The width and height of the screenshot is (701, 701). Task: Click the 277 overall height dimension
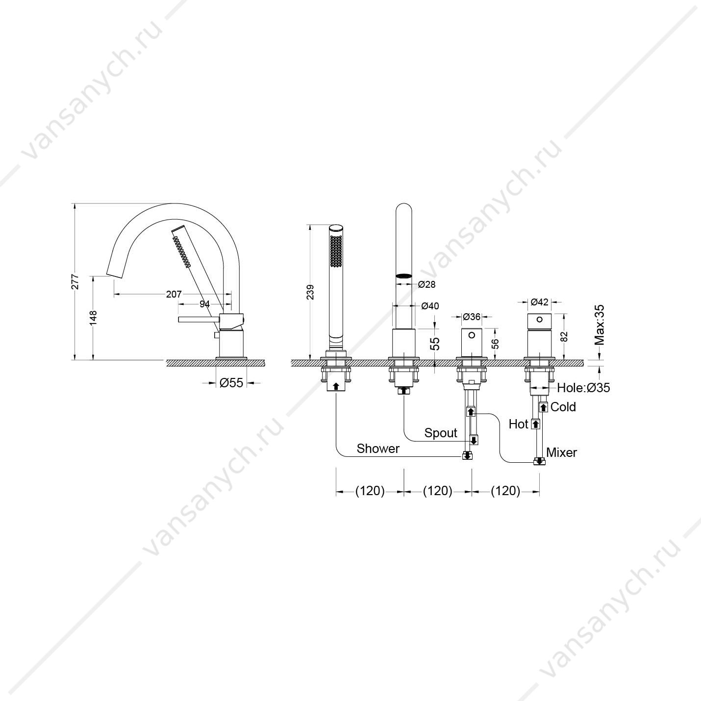coord(75,281)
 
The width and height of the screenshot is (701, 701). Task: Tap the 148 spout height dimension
coord(94,318)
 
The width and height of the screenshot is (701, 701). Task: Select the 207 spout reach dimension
coord(174,294)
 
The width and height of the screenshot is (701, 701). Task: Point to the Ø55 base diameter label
coord(231,383)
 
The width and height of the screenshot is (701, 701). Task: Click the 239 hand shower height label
coord(310,292)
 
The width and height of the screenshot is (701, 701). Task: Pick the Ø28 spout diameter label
coord(426,284)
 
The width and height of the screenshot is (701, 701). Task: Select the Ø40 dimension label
coord(430,306)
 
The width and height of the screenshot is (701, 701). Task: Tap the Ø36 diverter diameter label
coord(472,317)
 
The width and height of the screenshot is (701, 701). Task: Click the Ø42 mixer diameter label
coord(540,302)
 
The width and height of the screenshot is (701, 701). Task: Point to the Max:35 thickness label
coord(599,325)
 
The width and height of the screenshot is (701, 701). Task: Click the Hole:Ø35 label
coord(583,388)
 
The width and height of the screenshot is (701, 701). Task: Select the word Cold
coord(563,407)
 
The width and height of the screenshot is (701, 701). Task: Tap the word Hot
coord(518,424)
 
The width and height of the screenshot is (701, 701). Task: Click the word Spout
coord(441,433)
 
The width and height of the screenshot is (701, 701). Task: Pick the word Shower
coord(378,449)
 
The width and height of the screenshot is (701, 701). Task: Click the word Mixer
coord(562,452)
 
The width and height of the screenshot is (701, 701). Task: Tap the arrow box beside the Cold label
coord(544,407)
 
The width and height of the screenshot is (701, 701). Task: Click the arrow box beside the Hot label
coord(535,424)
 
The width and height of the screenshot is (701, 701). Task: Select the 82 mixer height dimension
coord(564,336)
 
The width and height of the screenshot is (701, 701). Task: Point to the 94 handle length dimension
coord(205,304)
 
